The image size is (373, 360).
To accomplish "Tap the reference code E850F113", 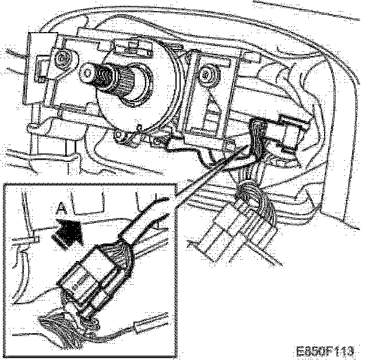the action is pos(325,351).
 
